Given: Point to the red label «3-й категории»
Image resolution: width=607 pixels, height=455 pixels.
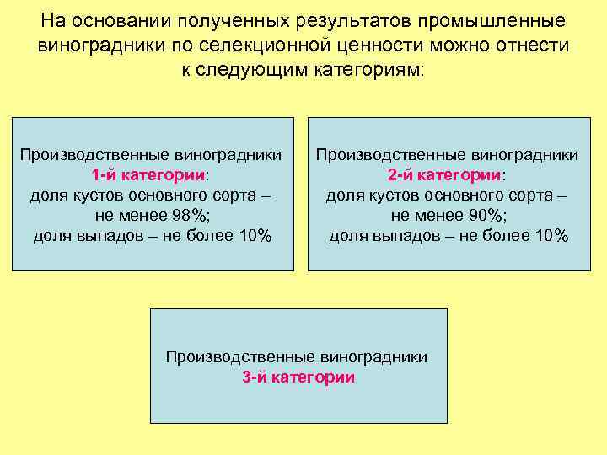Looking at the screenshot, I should coord(298,377).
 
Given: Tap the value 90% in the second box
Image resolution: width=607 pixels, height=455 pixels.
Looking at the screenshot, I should coord(484,216).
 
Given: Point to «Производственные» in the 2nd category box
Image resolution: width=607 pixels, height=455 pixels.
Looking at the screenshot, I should coord(380,156).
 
